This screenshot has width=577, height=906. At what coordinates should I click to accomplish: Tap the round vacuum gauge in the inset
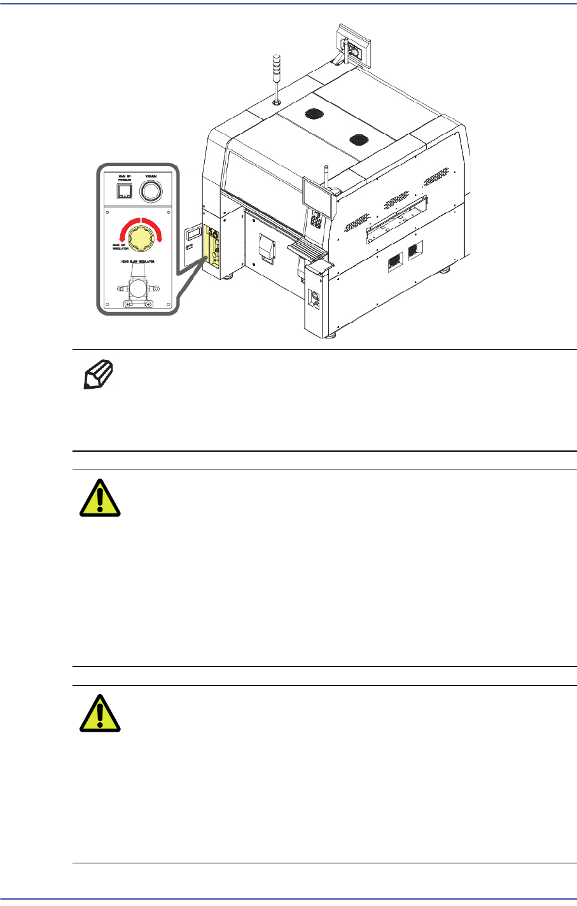tap(151, 190)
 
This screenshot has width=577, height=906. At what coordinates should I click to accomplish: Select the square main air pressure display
tap(125, 192)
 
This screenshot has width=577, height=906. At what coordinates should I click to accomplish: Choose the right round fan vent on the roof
tap(358, 140)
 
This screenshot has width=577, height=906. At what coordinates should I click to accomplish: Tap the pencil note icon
tap(99, 374)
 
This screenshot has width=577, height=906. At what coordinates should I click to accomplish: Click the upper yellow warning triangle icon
tap(101, 497)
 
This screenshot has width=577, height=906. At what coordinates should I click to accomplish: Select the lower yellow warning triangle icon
tap(101, 713)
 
